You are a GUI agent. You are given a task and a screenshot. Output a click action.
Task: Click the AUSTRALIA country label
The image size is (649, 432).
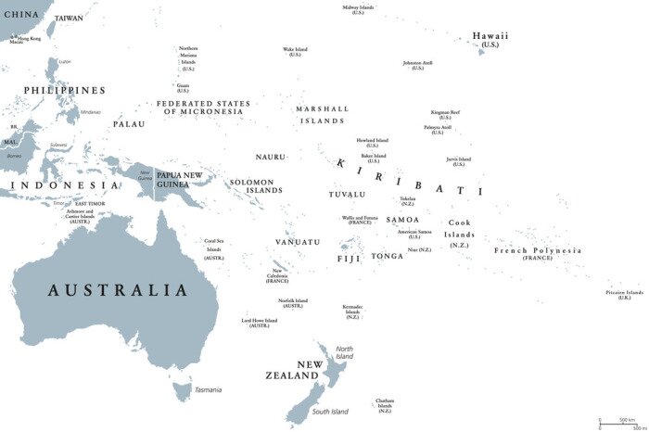pyautogui.click(x=118, y=290)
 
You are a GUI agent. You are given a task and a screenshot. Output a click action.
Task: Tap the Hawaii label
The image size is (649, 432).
pyautogui.click(x=490, y=38)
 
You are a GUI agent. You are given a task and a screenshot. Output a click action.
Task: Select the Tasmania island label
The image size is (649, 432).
pyautogui.click(x=208, y=389)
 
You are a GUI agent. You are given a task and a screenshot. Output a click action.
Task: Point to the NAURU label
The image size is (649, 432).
pyautogui.click(x=270, y=157)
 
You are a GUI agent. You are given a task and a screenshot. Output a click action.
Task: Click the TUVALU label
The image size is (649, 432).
pyautogui.click(x=347, y=195)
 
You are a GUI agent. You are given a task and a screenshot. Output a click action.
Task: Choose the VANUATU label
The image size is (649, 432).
pyautogui.click(x=297, y=242)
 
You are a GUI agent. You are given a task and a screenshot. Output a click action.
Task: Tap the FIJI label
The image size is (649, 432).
pyautogui.click(x=349, y=259)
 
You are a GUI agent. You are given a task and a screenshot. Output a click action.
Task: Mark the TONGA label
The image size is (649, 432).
pyautogui.click(x=388, y=256)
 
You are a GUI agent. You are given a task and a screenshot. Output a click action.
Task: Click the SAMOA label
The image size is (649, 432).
pyautogui.click(x=402, y=220)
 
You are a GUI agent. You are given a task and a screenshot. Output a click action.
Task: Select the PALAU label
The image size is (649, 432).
pyautogui.click(x=129, y=123)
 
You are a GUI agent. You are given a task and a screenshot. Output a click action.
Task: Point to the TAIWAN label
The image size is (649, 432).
pyautogui.click(x=69, y=18)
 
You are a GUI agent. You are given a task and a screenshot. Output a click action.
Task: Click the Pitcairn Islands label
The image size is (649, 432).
pyautogui.click(x=623, y=294)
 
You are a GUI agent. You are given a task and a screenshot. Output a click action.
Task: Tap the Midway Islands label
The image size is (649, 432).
pyautogui.click(x=358, y=9)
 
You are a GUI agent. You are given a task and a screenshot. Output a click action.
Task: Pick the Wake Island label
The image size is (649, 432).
pyautogui.click(x=295, y=51)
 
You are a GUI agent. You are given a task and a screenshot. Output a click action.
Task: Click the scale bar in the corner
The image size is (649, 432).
pyautogui.click(x=620, y=422)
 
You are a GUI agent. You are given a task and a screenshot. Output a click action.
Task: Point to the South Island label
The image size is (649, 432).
pyautogui.click(x=329, y=411)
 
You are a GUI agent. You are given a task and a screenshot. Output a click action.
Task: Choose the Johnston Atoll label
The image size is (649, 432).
pyautogui.click(x=417, y=65)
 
